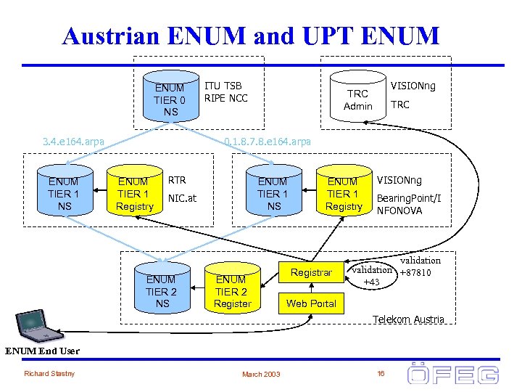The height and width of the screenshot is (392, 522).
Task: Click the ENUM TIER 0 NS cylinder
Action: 171,97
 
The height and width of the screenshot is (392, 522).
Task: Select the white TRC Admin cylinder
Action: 358,97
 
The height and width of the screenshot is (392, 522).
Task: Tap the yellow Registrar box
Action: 311,272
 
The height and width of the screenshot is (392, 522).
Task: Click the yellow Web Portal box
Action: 311,303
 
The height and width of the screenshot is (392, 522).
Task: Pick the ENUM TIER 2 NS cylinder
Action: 162,288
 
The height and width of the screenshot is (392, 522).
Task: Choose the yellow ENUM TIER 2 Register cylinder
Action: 233,288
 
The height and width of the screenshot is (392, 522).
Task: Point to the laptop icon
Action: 39,326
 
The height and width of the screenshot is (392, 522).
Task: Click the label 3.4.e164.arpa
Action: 73,142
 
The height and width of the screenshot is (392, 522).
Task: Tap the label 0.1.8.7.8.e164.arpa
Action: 268,142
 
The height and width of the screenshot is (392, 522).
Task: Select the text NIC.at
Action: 182,198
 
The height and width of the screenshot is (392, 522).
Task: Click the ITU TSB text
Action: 223,86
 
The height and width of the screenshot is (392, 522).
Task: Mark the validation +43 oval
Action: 371,276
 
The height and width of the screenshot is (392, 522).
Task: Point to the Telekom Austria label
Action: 408,319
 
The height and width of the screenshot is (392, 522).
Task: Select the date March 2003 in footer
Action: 261,375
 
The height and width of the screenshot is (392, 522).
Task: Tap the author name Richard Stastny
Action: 49,374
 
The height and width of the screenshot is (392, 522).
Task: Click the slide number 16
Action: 381,373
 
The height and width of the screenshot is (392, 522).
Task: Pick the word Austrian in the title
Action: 111,36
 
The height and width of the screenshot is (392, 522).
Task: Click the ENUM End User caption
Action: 42,351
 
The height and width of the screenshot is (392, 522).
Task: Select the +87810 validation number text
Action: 415,273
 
